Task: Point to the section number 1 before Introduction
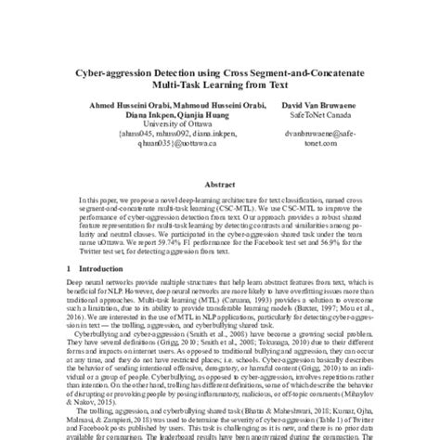[71, 268]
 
